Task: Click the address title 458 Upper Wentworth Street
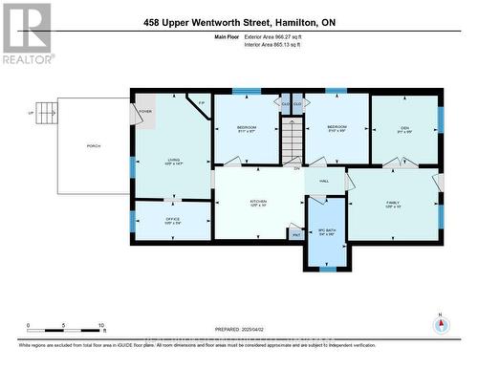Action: (239, 21)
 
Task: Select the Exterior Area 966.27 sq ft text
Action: (284, 36)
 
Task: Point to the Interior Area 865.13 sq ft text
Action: (284, 44)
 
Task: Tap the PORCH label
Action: (94, 146)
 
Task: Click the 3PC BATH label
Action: (326, 230)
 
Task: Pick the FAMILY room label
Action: (394, 204)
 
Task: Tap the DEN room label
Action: (404, 128)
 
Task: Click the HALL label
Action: (324, 180)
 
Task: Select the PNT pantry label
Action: (295, 231)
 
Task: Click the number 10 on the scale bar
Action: (100, 326)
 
